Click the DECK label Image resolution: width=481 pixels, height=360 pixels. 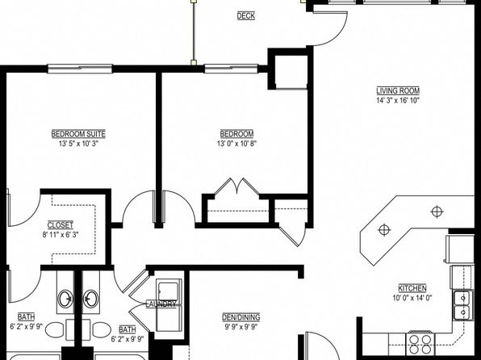pos(245,16)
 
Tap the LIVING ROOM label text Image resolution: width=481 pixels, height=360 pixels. pos(398,91)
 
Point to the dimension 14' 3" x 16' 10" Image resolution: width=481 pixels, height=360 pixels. pos(398,101)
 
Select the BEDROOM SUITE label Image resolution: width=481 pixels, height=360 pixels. pos(78,134)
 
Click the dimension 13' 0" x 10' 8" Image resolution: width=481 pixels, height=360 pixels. pos(236,144)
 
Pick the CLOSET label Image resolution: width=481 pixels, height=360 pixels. pos(61,225)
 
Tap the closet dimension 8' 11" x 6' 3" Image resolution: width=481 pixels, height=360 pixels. pos(61,235)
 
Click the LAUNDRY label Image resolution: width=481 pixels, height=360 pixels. pos(161,304)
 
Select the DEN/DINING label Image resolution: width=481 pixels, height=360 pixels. pos(241,317)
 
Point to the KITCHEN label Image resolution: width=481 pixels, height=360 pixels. pos(412,288)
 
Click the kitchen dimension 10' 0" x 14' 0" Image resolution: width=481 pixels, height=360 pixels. pos(412,298)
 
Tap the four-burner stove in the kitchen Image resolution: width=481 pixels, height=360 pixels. pos(420,343)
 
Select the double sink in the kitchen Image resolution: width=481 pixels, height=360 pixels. pos(462,306)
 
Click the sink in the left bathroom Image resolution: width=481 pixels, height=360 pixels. pos(66,299)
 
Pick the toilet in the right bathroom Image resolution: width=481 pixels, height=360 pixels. pos(102,329)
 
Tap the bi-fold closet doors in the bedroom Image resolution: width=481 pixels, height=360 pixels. pos(236,186)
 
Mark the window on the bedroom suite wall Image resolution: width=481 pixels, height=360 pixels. pos(80,69)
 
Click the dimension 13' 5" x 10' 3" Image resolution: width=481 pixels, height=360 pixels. pos(78,144)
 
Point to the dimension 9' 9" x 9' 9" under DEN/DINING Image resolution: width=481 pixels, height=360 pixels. pos(241,327)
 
